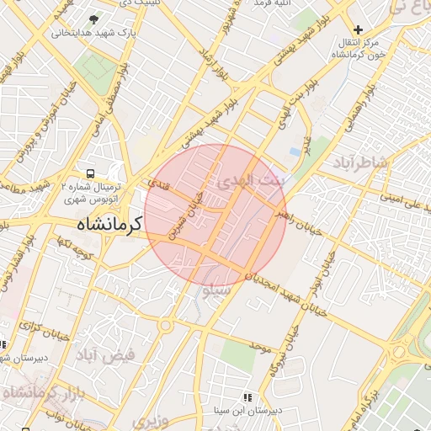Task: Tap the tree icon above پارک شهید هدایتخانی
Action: [93, 19]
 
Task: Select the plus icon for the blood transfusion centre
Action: [359, 30]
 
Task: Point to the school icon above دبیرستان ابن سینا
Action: [247, 396]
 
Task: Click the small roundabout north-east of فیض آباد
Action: [166, 326]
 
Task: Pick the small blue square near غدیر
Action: [294, 151]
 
